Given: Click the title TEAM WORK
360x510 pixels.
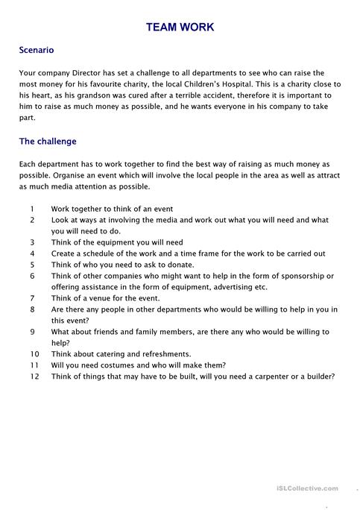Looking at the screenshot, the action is click(180, 27).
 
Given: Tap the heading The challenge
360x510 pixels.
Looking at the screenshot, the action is click(48, 141).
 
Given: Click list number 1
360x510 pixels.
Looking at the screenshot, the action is click(33, 210).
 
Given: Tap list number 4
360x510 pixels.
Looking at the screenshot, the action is click(33, 254).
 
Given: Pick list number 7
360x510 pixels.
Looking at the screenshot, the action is click(33, 297).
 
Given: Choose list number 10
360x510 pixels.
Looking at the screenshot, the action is click(34, 353).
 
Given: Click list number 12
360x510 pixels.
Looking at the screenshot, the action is click(34, 376).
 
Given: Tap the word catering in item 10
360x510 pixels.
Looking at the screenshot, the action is click(106, 353).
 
